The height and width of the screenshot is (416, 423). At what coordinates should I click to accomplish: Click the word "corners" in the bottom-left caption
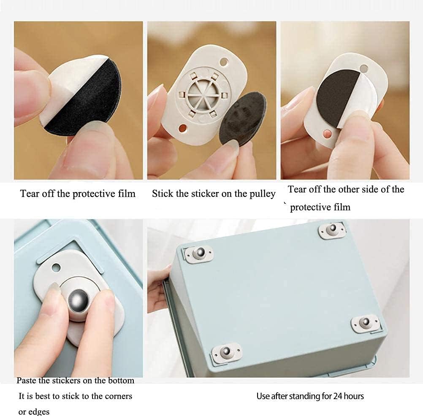click(119, 396)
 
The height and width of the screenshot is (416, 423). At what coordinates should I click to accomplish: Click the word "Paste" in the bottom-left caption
click(26, 381)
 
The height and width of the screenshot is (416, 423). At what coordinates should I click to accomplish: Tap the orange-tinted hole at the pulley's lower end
click(183, 128)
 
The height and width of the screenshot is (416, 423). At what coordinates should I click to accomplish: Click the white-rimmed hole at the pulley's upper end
click(224, 62)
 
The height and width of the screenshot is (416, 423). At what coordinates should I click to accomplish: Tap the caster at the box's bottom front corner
click(226, 352)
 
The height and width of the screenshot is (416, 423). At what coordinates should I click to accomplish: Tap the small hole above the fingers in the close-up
click(56, 268)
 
